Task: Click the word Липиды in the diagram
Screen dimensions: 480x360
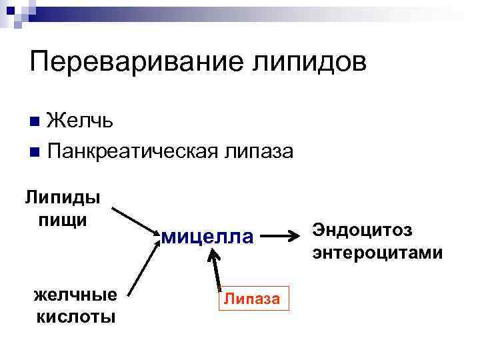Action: pyautogui.click(x=63, y=197)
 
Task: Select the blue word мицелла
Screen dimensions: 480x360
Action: pyautogui.click(x=207, y=236)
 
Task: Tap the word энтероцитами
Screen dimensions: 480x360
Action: pyautogui.click(x=377, y=253)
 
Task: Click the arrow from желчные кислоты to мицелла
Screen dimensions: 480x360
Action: pyautogui.click(x=145, y=266)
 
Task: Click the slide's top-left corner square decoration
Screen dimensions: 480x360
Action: pyautogui.click(x=15, y=10)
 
